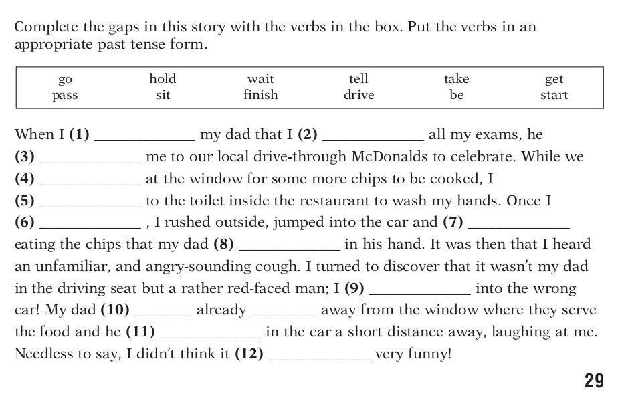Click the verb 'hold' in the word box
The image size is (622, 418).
(x=163, y=78)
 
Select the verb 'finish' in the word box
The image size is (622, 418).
(x=261, y=95)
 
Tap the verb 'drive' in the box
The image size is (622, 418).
(x=358, y=95)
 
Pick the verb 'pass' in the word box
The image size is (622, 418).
(x=65, y=96)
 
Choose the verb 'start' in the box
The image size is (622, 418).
(x=554, y=95)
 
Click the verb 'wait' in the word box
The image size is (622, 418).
(x=261, y=79)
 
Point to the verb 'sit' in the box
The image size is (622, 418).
(x=163, y=95)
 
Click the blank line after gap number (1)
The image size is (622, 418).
(x=144, y=140)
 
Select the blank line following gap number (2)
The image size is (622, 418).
(x=373, y=140)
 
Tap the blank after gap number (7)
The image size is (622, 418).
(x=519, y=228)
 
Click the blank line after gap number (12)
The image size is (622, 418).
(x=319, y=360)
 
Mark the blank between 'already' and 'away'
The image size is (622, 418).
(x=284, y=316)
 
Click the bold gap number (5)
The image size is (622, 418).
(x=25, y=201)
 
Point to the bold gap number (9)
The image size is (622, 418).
(x=354, y=288)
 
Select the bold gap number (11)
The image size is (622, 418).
(x=140, y=332)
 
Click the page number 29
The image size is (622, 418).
(x=594, y=381)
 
